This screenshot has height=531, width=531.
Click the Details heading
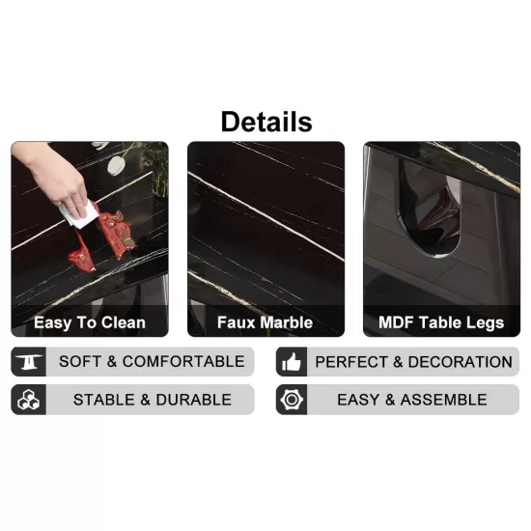coord(266,122)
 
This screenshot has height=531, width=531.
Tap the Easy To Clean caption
coord(90,322)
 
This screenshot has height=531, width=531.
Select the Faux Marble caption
coord(265,322)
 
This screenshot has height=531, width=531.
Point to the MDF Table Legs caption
coord(441,322)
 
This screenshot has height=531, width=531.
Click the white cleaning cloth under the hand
coord(79,214)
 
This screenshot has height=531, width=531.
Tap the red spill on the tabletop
coord(101,238)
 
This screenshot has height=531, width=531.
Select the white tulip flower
coord(116,164)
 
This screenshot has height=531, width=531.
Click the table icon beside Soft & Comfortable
coord(29,362)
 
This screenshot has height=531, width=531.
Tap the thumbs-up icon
coord(292,362)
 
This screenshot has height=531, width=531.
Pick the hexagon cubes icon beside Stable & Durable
coord(28,400)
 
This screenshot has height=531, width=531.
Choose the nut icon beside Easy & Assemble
coord(292,400)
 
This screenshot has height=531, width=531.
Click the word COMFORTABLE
coord(183,362)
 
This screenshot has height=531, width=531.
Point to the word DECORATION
coord(461,362)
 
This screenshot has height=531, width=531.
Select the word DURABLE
coord(194,400)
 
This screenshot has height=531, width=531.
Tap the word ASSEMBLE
coord(444,400)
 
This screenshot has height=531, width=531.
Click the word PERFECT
coord(351,362)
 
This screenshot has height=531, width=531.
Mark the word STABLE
coord(104,400)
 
